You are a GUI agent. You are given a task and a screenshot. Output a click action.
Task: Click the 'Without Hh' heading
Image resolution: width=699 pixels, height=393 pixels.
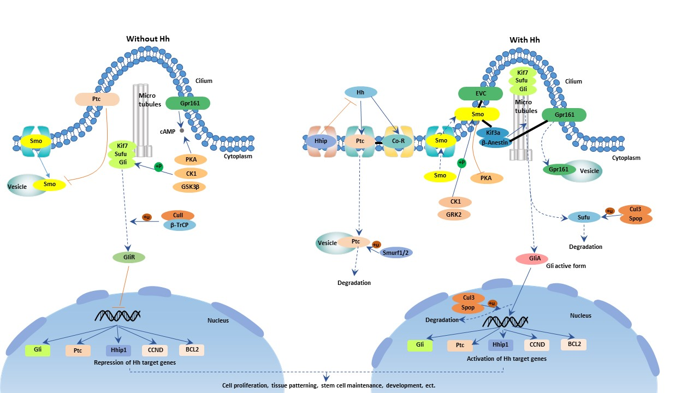click(x=148, y=39)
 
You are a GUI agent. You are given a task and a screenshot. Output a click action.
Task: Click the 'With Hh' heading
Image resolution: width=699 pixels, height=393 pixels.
click(x=524, y=40)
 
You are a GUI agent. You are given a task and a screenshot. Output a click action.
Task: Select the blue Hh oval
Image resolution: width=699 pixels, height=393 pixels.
click(x=360, y=92)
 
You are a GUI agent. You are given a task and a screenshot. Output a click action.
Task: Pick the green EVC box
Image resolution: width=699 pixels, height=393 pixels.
click(x=481, y=94)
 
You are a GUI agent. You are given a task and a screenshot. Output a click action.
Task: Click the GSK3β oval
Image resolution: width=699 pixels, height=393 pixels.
click(x=190, y=187)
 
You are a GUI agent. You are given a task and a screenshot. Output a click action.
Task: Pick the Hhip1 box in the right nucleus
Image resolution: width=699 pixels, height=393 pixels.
click(x=500, y=344)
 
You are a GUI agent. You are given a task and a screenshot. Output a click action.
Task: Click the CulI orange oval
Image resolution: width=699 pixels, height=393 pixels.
click(x=178, y=216)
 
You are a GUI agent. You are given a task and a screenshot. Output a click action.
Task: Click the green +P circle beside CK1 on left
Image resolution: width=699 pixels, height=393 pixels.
click(x=158, y=166)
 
